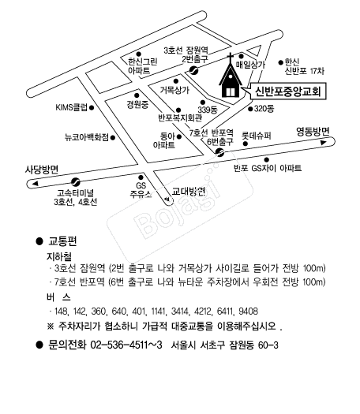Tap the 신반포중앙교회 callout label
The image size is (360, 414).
coord(288,91)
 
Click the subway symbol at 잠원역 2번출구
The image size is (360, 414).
coord(194,70)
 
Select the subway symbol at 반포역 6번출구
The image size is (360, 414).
coord(219,152)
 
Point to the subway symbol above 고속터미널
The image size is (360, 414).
coord(76,181)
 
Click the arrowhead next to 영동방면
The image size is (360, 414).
coord(324,143)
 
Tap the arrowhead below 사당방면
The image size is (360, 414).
coord(36,184)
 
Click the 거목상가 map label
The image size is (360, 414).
coord(174,90)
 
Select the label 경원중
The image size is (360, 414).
coord(137,105)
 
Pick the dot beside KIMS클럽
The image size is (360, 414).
coord(92,108)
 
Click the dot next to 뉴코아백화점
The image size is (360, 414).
coord(113,137)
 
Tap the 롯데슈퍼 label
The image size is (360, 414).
coord(257,136)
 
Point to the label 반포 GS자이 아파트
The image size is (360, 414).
coord(268,168)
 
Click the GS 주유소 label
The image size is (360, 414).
coord(141,189)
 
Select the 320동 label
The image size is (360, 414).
coord(264,109)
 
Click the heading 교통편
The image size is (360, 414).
coord(62,241)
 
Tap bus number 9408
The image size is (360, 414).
coord(248,311)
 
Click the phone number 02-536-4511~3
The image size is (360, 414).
coord(126,345)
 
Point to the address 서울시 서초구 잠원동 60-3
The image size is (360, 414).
coord(225,345)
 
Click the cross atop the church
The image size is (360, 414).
coord(231,57)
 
